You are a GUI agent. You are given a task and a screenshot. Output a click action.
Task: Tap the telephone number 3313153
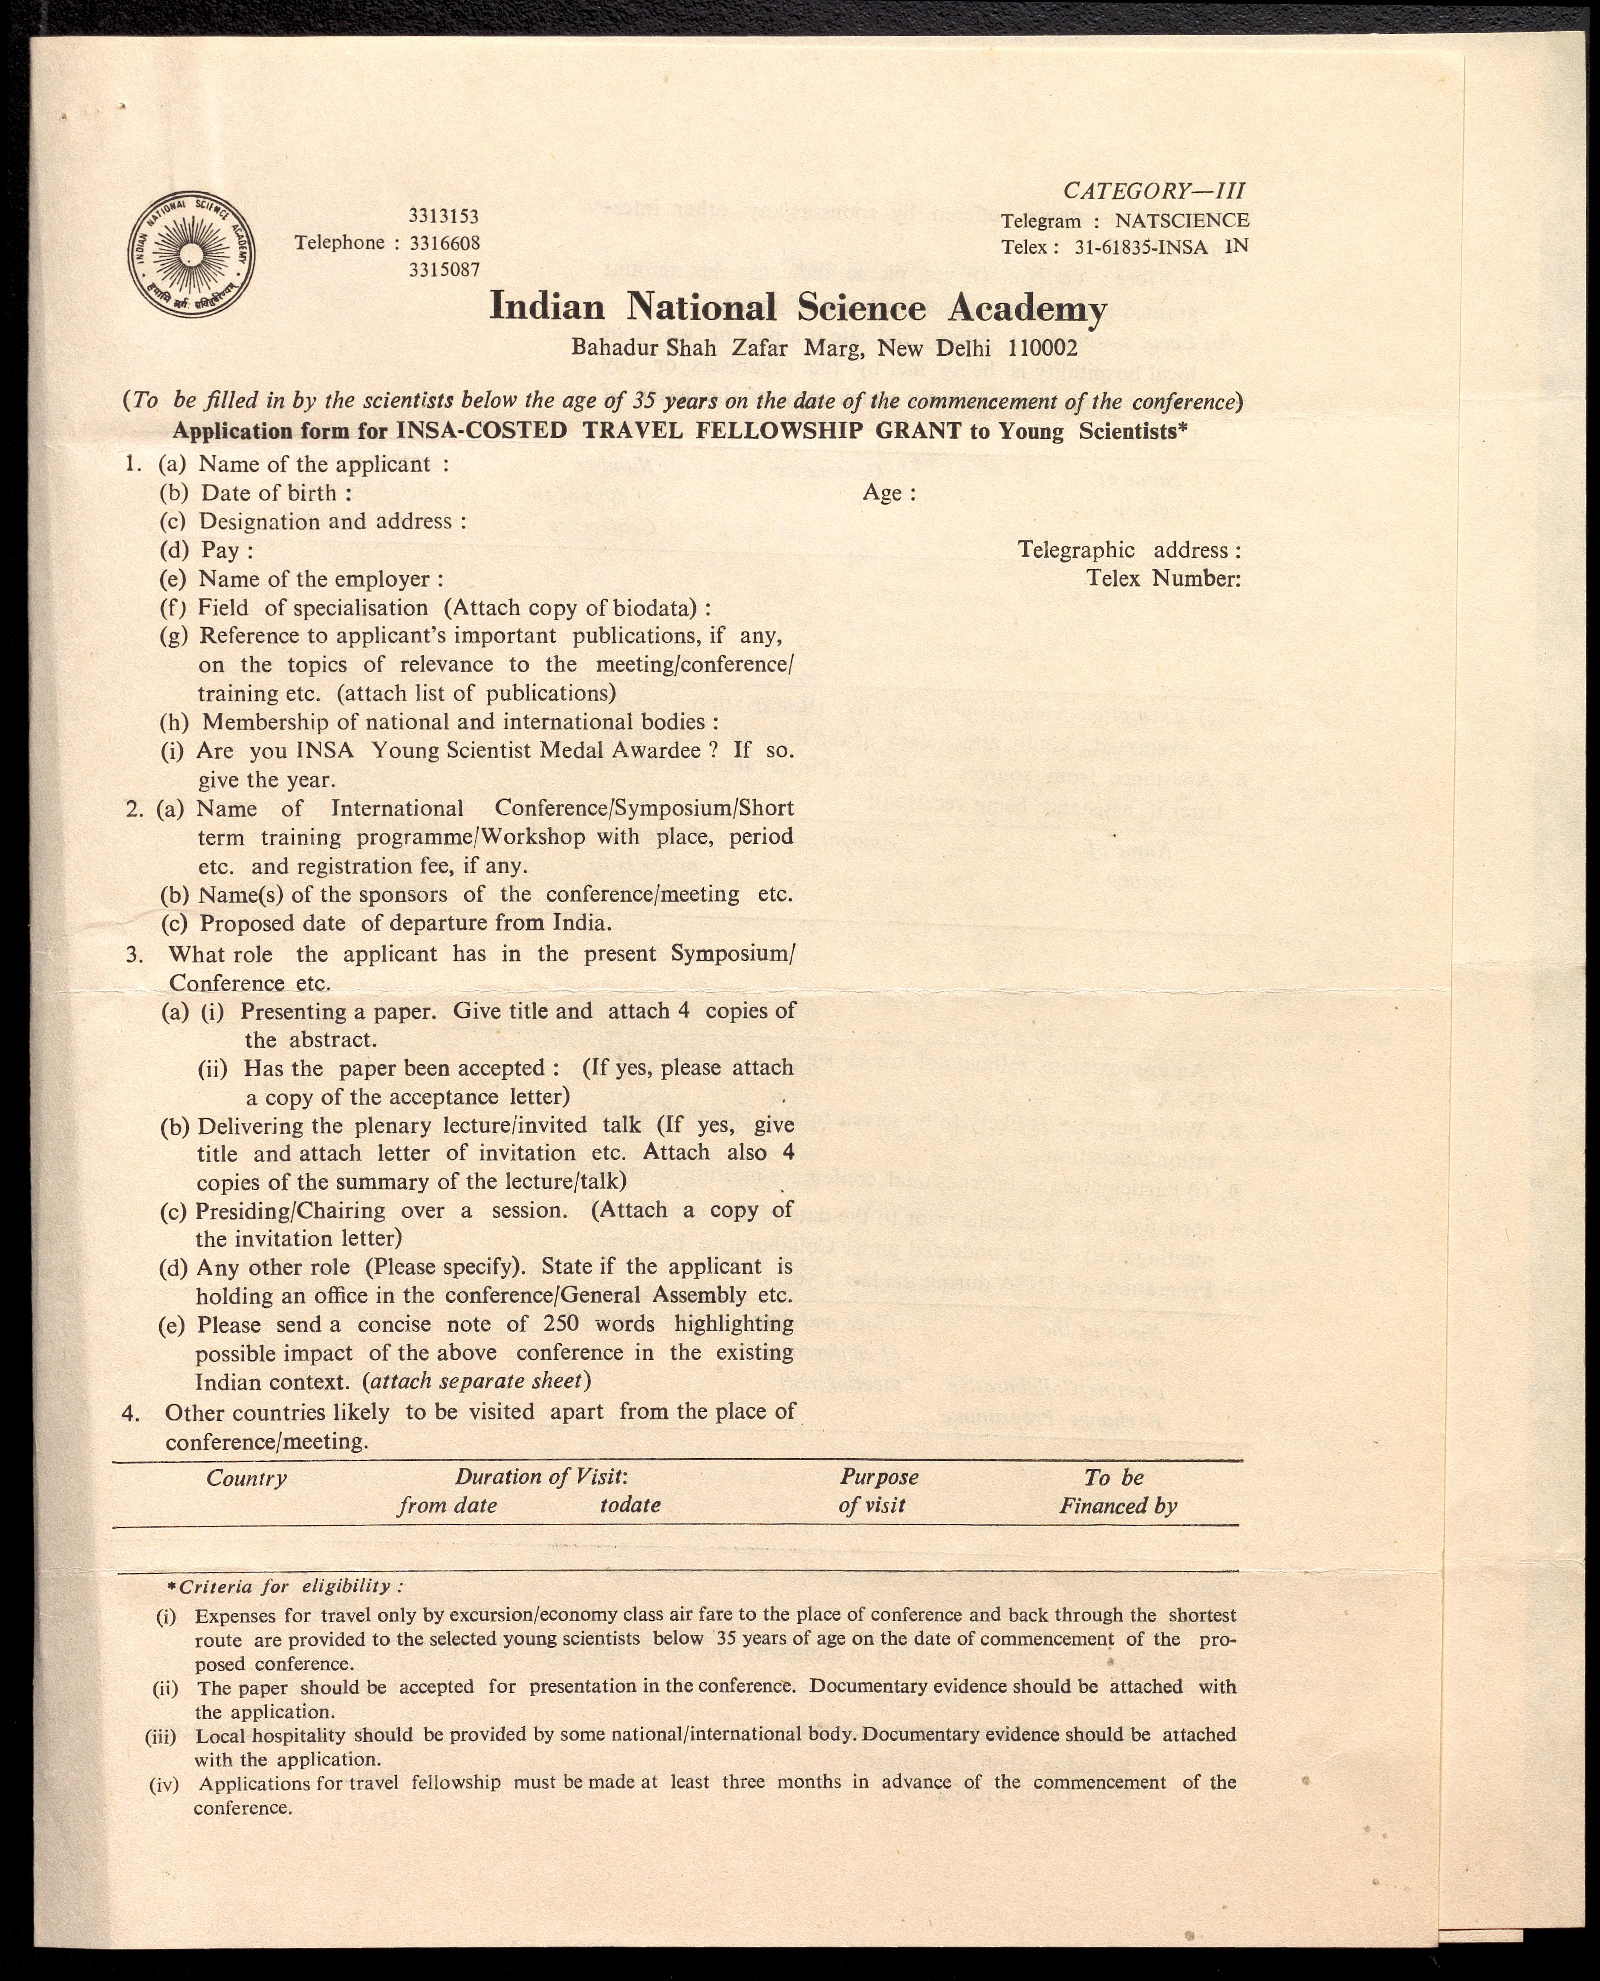[x=443, y=217]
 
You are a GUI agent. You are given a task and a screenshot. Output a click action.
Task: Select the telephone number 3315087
[x=443, y=269]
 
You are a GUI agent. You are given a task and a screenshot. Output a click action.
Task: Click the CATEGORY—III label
[x=1154, y=191]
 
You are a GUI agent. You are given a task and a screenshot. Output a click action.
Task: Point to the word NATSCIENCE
[x=1181, y=220]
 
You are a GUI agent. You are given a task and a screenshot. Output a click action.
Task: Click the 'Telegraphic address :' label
[x=1128, y=550]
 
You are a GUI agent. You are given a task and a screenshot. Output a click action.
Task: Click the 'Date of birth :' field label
[x=276, y=493]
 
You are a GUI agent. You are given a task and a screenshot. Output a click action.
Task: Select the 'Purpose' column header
[x=878, y=1477]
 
